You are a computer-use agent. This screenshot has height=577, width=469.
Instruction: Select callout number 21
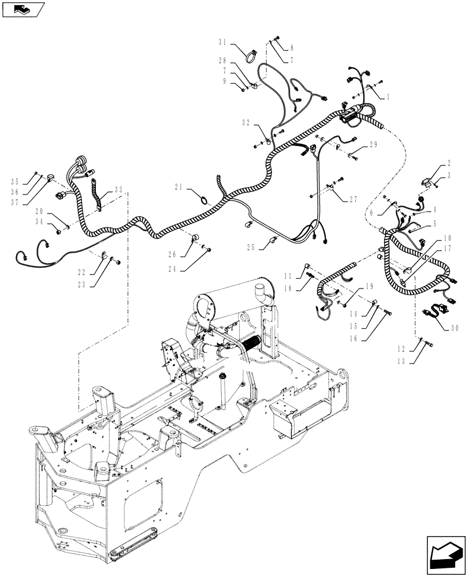(179, 186)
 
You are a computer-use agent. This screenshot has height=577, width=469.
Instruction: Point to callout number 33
(119, 189)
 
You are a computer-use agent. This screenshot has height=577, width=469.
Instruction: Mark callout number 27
(353, 199)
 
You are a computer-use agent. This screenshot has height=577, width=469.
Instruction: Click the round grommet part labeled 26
(195, 237)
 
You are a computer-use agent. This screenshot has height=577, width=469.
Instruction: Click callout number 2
(449, 164)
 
